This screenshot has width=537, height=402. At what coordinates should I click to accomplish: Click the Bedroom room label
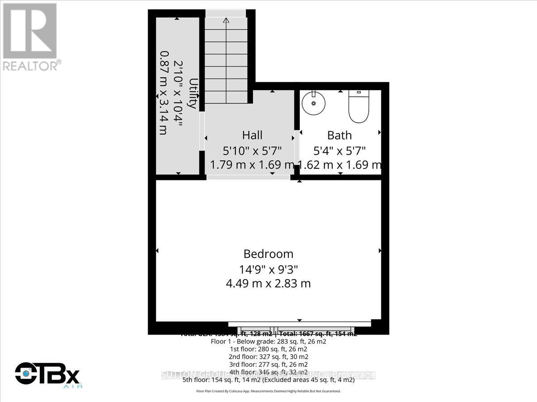click(x=268, y=254)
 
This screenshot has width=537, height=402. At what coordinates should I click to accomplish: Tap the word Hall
click(x=252, y=135)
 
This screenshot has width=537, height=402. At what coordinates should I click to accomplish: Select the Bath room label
click(x=340, y=135)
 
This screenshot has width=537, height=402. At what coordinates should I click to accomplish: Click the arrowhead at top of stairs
click(x=226, y=20)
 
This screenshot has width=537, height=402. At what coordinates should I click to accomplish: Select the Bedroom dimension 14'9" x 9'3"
click(x=268, y=269)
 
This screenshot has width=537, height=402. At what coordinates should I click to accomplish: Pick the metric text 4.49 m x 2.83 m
click(x=268, y=283)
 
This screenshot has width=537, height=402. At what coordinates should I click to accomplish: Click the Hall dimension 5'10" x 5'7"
click(x=252, y=151)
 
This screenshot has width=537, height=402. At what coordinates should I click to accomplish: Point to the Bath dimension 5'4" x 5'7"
click(x=340, y=151)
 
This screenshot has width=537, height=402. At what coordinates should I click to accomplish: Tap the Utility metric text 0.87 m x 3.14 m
click(x=163, y=93)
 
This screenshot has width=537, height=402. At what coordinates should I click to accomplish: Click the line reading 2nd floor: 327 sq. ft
click(x=268, y=356)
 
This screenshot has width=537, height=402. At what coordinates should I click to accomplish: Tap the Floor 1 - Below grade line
click(x=268, y=341)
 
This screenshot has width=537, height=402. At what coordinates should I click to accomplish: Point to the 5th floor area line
click(x=268, y=380)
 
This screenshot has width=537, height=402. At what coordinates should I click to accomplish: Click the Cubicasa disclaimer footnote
click(x=268, y=391)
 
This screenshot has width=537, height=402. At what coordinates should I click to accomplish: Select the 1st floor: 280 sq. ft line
click(x=268, y=349)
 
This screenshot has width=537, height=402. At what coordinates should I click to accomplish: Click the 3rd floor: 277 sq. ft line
click(x=268, y=364)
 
